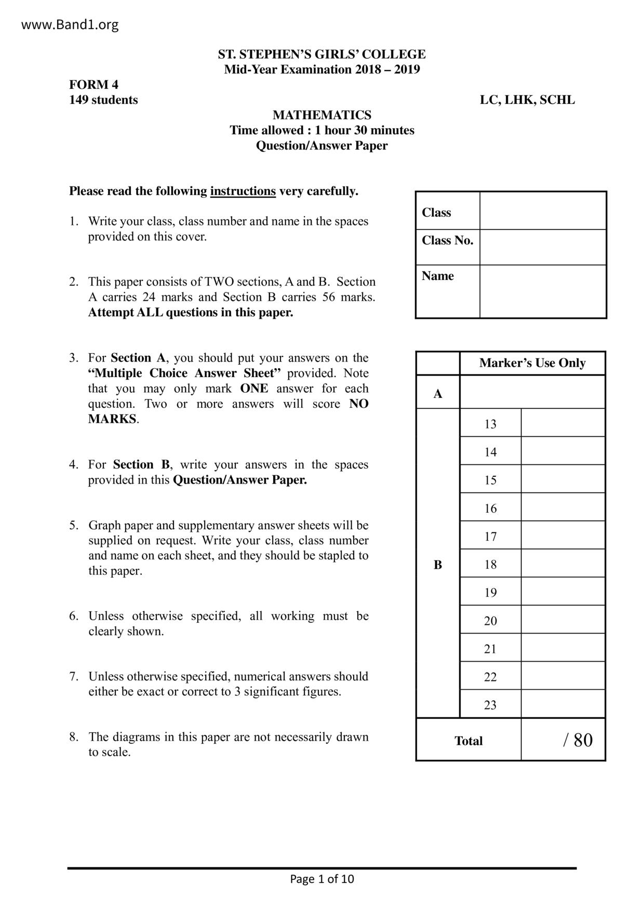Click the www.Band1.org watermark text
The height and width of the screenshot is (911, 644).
(70, 24)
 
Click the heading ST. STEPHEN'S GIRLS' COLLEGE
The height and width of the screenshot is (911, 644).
(321, 55)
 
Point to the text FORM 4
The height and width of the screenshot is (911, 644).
(94, 85)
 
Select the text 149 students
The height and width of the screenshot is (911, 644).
(103, 100)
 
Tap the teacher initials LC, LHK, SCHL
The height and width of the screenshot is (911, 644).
(527, 100)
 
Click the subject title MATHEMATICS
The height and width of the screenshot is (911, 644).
(322, 115)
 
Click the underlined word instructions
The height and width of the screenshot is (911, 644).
(243, 191)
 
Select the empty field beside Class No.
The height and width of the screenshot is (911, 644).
(543, 247)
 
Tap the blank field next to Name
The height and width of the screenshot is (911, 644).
(543, 291)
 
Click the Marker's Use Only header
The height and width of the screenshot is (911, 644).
(532, 363)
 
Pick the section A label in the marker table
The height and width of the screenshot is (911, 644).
(438, 394)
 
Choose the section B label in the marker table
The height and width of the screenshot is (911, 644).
(438, 565)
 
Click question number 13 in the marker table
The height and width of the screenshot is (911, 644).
(490, 424)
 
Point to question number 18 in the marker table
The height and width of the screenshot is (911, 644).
(490, 564)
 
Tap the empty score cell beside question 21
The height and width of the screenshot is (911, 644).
(563, 648)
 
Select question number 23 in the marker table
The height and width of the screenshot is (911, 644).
(490, 705)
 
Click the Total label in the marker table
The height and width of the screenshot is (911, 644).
(468, 741)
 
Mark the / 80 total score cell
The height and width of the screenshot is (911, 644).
(577, 740)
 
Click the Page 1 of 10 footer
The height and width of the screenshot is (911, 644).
(322, 879)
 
